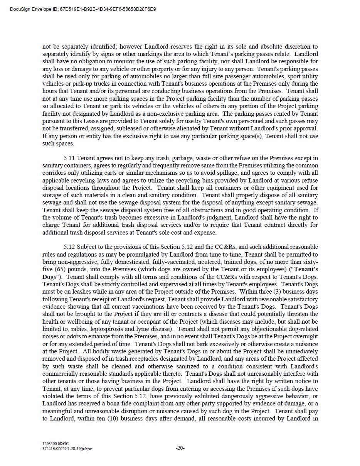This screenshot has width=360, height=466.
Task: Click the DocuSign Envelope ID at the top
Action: (83, 9)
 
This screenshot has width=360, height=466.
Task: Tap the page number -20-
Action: (180, 448)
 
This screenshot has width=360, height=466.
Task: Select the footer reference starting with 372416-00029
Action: (67, 449)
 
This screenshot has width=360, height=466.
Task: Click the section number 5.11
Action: (69, 158)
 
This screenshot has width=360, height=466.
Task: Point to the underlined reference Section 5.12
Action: (130, 396)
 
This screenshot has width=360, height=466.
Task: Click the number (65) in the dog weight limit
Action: (60, 269)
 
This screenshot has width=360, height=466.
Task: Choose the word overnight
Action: (306, 336)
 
